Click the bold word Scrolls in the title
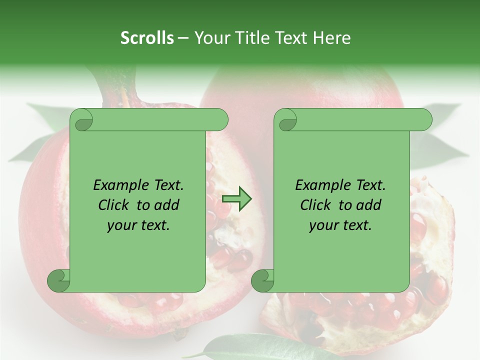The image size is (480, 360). (147, 37)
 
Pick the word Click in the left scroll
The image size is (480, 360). (115, 205)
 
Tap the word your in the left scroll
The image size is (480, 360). (122, 225)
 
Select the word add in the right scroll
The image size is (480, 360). (367, 205)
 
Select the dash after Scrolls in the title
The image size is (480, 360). (183, 37)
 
